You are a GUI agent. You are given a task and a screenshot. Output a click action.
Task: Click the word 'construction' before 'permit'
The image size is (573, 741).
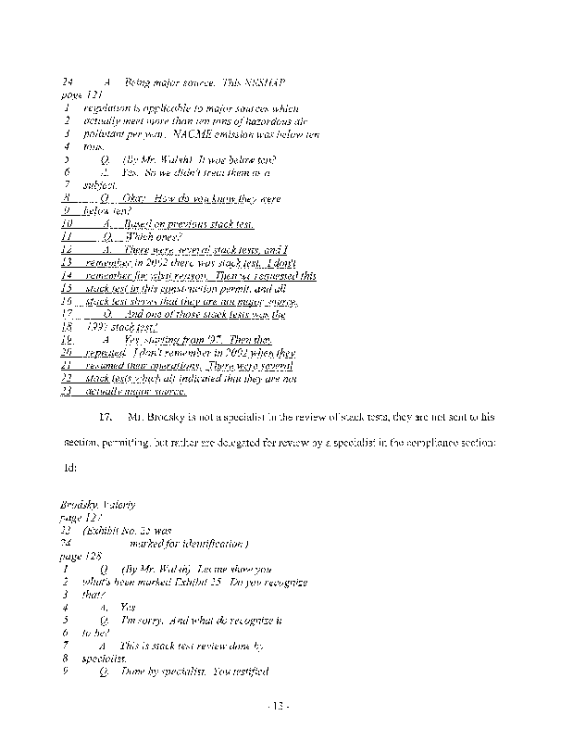tap(195, 289)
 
